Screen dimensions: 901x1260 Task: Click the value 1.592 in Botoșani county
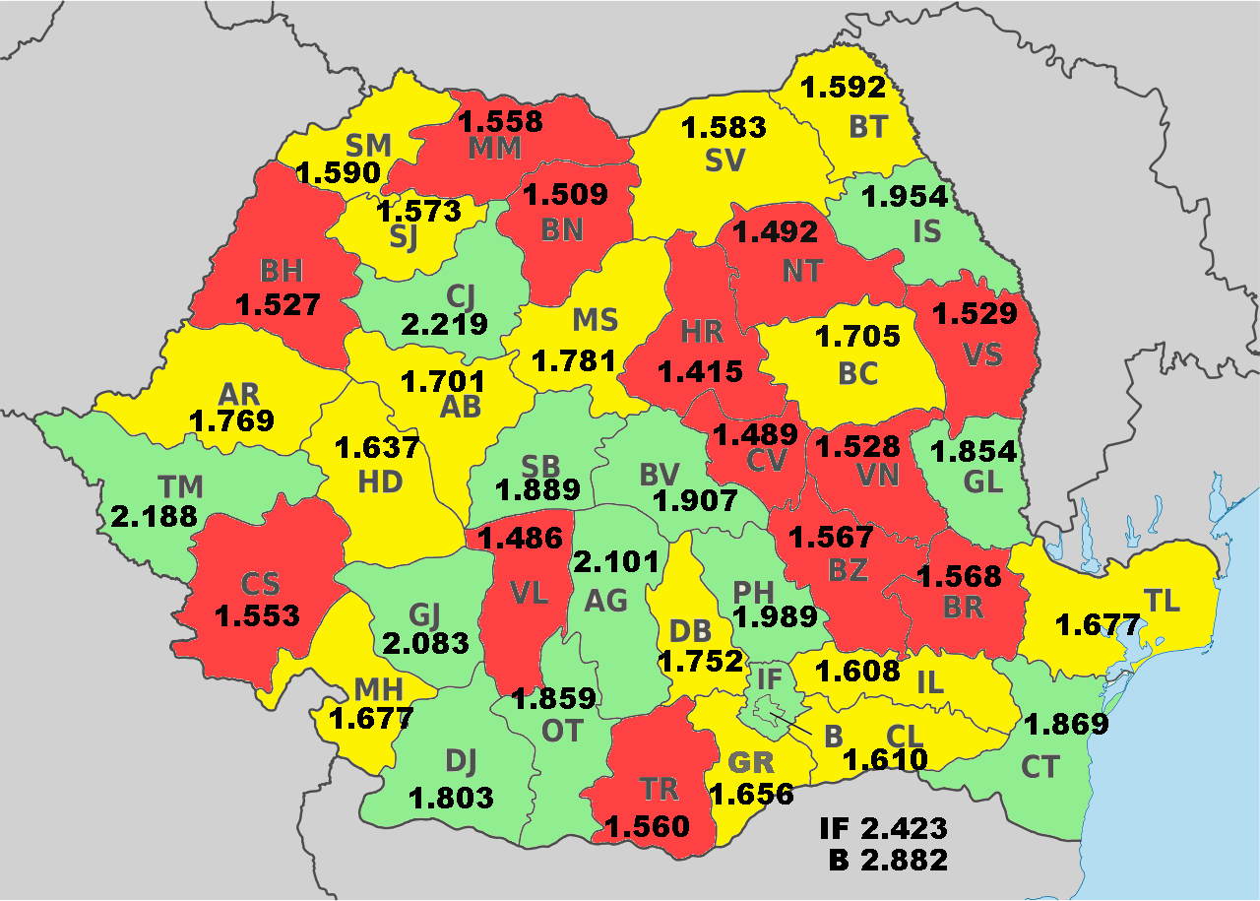pyautogui.click(x=844, y=88)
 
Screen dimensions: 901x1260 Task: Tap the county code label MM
pyautogui.click(x=494, y=149)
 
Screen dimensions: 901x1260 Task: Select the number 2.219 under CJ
pyautogui.click(x=444, y=324)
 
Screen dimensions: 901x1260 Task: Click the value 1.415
pyautogui.click(x=701, y=371)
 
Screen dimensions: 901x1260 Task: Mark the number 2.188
pyautogui.click(x=155, y=517)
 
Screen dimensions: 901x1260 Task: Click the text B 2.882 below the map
pyautogui.click(x=888, y=859)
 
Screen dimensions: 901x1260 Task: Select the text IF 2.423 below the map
pyautogui.click(x=883, y=827)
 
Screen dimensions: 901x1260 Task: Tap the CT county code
pyautogui.click(x=1039, y=766)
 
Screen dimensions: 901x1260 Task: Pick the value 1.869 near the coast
pyautogui.click(x=1067, y=725)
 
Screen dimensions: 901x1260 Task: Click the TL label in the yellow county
pyautogui.click(x=1163, y=601)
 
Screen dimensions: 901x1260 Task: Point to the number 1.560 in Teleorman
pyautogui.click(x=647, y=826)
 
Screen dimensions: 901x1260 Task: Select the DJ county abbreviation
pyautogui.click(x=461, y=760)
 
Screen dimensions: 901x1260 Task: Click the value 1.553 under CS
pyautogui.click(x=257, y=615)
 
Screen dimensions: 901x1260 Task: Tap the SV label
pyautogui.click(x=724, y=160)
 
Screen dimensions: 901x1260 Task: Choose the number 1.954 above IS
pyautogui.click(x=904, y=196)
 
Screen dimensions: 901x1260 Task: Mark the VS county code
pyautogui.click(x=982, y=354)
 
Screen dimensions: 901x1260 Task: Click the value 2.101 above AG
pyautogui.click(x=615, y=562)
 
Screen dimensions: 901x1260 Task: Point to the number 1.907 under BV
pyautogui.click(x=695, y=501)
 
